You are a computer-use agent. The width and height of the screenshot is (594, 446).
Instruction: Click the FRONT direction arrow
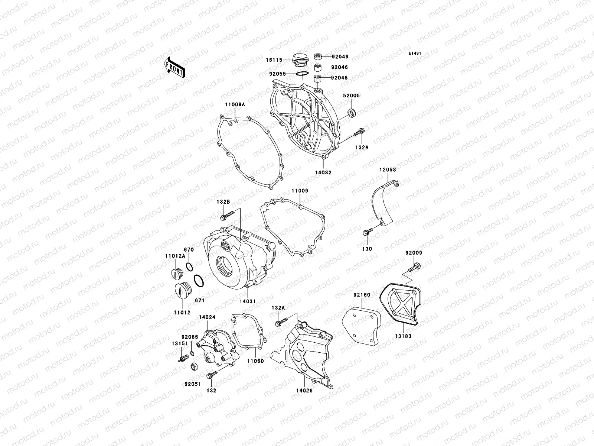click(175, 67)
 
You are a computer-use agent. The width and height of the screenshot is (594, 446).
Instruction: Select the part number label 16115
click(274, 60)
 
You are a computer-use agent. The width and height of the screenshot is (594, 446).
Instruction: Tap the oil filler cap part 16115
click(299, 61)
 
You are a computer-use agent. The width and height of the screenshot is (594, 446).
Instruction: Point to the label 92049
click(340, 57)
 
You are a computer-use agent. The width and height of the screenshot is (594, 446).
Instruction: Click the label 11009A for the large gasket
click(234, 105)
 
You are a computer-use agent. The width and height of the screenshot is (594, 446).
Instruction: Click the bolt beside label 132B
click(227, 214)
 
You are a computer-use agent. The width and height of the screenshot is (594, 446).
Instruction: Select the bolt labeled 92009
click(415, 266)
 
